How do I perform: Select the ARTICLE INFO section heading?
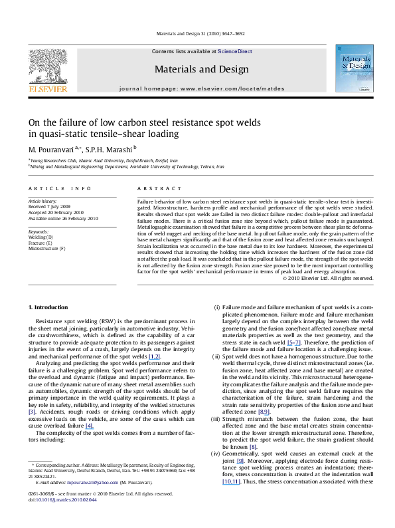54,189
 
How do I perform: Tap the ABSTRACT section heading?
151,189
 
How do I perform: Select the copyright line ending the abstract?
327,278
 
